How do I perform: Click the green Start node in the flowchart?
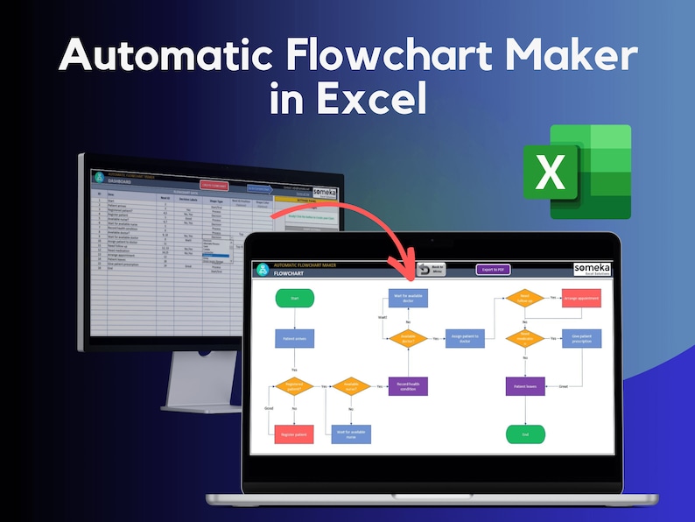coord(294,298)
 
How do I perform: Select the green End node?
coord(526,434)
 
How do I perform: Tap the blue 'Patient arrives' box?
coord(294,338)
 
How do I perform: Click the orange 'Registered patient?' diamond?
coord(294,385)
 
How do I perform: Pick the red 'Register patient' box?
coord(294,434)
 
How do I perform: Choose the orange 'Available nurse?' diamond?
coord(351,385)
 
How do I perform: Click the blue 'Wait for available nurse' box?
coord(351,433)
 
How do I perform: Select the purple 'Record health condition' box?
coord(407,385)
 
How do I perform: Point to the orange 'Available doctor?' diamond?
coord(407,338)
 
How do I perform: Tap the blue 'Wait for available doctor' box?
coord(407,298)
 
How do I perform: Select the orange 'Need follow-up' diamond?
coord(525,299)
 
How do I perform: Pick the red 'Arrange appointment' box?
coord(582,299)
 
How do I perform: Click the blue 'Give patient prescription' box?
coord(582,338)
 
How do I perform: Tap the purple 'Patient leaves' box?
coord(525,385)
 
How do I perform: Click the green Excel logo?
coord(577,171)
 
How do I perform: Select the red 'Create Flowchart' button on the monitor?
coord(215,185)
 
